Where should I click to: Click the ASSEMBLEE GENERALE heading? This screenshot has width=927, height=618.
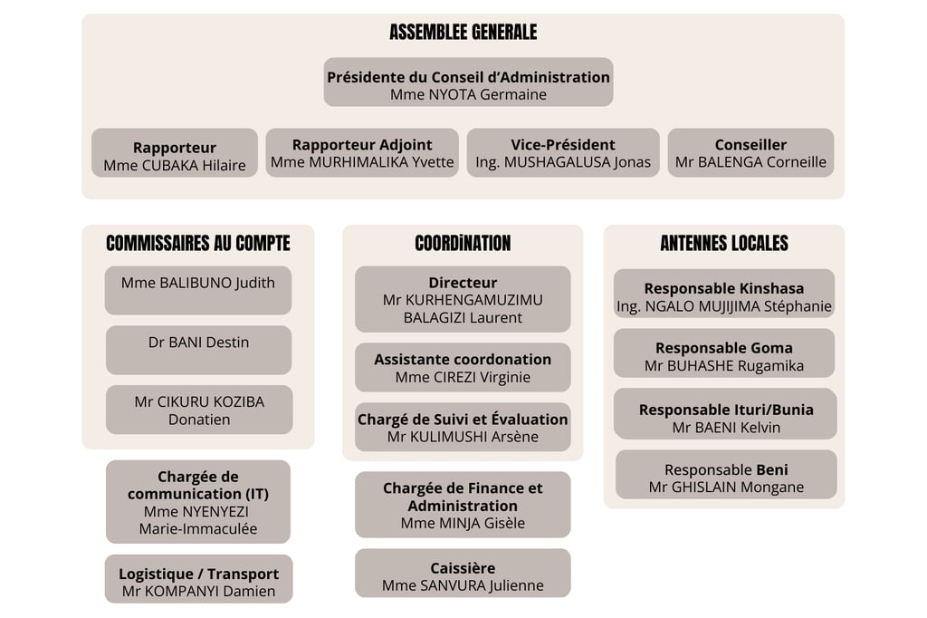click(463, 33)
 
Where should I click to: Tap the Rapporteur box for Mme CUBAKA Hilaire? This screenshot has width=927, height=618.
click(175, 154)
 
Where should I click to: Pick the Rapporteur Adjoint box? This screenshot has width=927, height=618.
click(362, 152)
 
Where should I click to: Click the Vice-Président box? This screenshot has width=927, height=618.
click(563, 152)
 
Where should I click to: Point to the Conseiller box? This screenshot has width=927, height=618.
click(750, 152)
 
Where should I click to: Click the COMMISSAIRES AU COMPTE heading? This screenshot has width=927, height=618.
click(198, 243)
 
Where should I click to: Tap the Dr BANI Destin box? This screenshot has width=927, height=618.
click(198, 349)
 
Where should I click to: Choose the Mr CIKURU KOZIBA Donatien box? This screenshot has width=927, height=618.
click(199, 410)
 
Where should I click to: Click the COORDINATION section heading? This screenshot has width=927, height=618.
click(463, 243)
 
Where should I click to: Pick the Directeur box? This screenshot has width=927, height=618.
click(463, 299)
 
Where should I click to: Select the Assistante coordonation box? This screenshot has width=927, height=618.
click(463, 367)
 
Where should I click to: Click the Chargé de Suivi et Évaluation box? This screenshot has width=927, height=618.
click(463, 427)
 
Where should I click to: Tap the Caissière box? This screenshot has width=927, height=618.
click(463, 575)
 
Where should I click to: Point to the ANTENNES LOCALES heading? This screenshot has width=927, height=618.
click(724, 243)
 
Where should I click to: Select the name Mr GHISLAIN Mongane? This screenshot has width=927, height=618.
click(726, 488)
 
